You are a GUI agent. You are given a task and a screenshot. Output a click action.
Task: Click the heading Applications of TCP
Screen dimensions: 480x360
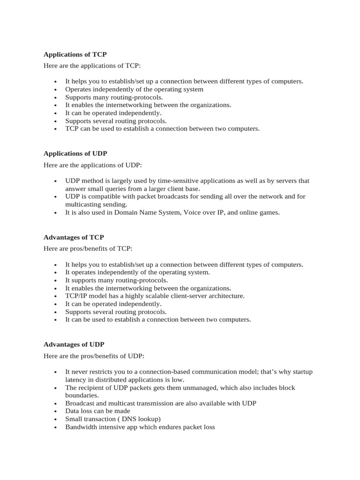point(75,54)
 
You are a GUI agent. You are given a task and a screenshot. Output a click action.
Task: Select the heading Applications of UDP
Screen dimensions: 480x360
point(75,153)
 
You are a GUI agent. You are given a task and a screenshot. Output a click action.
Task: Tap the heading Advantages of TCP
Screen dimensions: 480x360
point(74,237)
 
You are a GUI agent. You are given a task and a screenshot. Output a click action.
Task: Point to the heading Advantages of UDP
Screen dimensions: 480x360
point(74,344)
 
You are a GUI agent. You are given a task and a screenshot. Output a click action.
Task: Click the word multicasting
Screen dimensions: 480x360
point(84,204)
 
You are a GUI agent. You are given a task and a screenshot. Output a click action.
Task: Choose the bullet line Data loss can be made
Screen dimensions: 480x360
point(97,411)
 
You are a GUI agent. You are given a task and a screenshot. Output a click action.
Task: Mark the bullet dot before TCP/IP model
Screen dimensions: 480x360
point(56,296)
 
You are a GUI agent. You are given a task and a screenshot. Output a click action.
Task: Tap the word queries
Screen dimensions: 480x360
point(110,188)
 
